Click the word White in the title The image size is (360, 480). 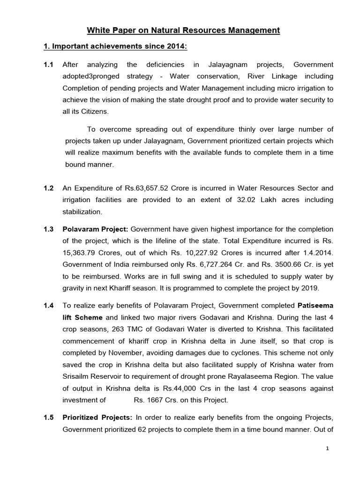(97, 30)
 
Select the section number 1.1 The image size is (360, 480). (48, 64)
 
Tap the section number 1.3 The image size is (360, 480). (48, 229)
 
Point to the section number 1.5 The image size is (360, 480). (48, 418)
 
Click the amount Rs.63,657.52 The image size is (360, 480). (146, 188)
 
